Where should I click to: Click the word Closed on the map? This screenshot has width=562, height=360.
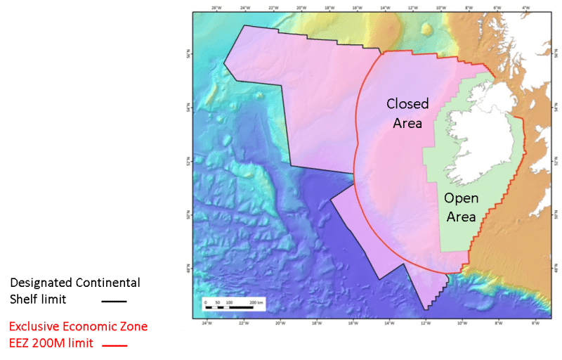tap(407, 104)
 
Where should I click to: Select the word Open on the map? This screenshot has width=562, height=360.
tap(462, 199)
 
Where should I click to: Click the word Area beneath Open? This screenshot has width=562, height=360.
tap(462, 217)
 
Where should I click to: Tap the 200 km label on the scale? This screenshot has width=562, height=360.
tap(256, 302)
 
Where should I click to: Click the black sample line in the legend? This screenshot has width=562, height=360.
tap(113, 301)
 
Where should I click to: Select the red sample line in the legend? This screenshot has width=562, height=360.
tap(115, 345)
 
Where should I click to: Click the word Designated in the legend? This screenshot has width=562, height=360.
tap(39, 283)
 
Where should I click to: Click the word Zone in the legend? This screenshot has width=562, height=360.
tap(130, 327)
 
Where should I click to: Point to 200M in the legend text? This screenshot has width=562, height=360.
tap(53, 343)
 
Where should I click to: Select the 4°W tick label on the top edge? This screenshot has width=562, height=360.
tap(525, 8)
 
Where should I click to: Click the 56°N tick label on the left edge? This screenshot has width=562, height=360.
tap(189, 53)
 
